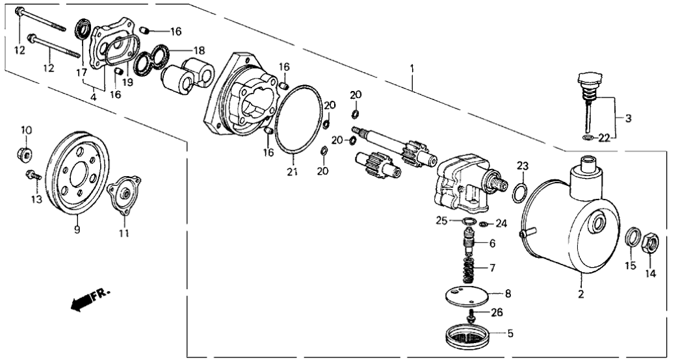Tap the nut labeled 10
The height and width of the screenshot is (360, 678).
point(25,154)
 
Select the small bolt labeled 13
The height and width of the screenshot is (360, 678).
point(32,175)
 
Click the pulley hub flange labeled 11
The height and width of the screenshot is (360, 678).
point(124,194)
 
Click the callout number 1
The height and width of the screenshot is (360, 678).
point(411,68)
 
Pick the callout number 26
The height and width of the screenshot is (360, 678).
point(497,312)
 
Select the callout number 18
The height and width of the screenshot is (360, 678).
point(198,49)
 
